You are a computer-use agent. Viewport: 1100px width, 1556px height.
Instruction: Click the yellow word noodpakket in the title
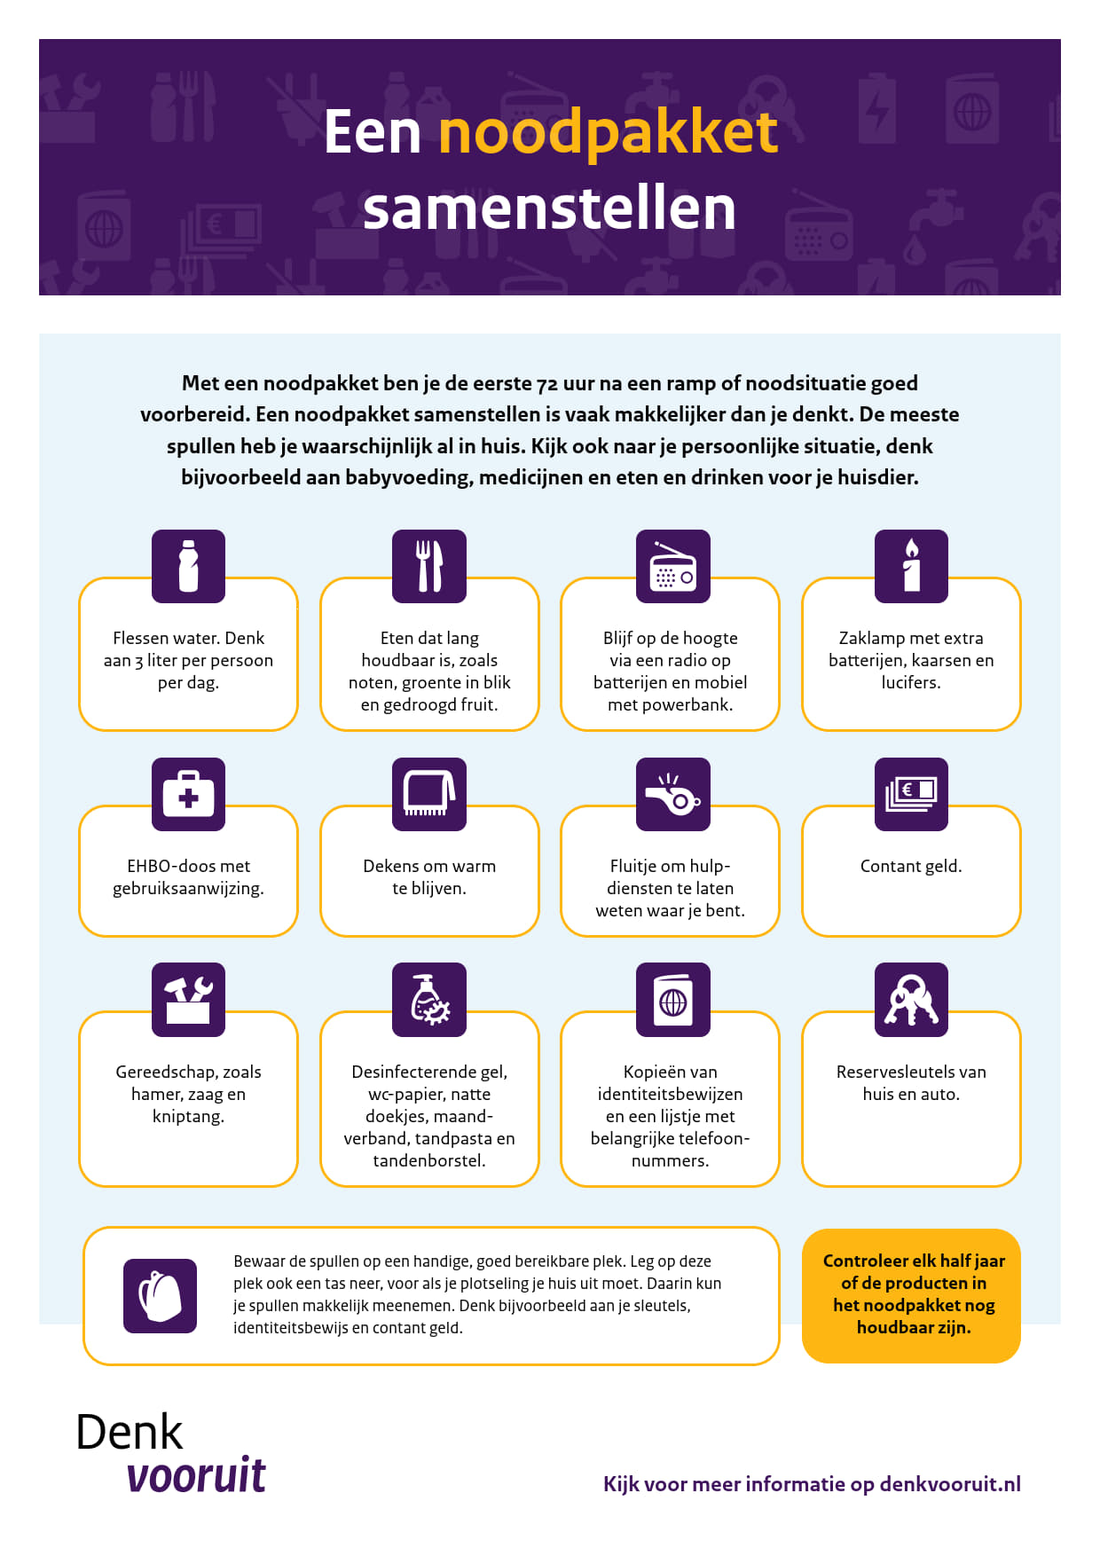tap(609, 133)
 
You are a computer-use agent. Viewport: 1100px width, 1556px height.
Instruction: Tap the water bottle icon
tap(188, 566)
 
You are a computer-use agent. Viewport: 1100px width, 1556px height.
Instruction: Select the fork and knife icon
tap(429, 566)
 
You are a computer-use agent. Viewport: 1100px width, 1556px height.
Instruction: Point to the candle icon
tap(911, 566)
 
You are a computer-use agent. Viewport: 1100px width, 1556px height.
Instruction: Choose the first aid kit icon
tap(188, 794)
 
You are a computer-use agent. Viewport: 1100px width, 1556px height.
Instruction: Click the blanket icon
tap(429, 794)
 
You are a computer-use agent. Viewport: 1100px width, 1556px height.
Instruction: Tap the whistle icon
tap(673, 794)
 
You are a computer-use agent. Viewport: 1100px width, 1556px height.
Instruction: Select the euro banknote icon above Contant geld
tap(911, 794)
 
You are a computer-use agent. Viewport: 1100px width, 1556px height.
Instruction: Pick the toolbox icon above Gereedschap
tap(188, 1000)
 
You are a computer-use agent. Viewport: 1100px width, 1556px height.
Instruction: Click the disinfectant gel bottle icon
tap(429, 1000)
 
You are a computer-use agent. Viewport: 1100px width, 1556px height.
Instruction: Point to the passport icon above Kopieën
tap(673, 1000)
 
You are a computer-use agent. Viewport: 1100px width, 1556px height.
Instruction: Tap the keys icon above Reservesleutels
tap(911, 1000)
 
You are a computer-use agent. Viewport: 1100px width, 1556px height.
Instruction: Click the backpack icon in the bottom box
tap(160, 1295)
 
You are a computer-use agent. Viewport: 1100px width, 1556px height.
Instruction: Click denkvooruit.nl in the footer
tap(950, 1484)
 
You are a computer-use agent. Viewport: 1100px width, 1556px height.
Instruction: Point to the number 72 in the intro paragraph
tap(547, 384)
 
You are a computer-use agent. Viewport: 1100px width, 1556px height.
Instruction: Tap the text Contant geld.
tap(911, 866)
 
